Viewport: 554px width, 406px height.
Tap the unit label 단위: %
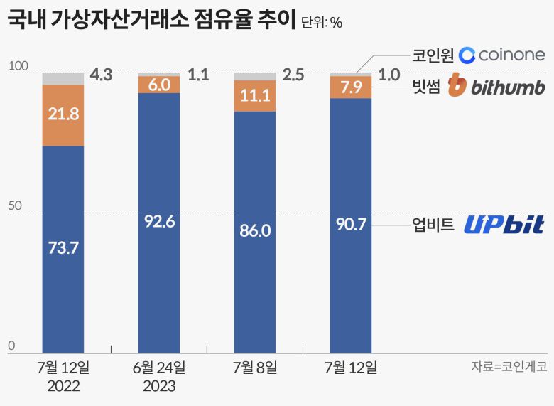[x=322, y=23]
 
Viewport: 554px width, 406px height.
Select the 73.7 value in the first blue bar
[x=63, y=248]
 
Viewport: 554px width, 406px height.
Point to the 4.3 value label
[x=102, y=75]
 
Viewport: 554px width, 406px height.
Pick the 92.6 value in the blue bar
[x=159, y=221]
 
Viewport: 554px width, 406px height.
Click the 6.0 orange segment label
[x=159, y=85]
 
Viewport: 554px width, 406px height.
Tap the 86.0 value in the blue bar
[x=255, y=230]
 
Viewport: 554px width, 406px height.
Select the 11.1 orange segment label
[x=255, y=96]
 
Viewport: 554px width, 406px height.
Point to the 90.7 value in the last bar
[x=352, y=224]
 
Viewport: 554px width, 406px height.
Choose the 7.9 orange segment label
[x=352, y=88]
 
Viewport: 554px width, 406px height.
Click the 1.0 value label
[x=390, y=75]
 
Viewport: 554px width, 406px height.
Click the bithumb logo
[x=496, y=86]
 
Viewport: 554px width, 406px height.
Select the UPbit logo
[x=504, y=225]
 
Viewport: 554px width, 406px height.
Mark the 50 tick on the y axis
[x=16, y=207]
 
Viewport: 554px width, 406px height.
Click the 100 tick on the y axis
[x=18, y=66]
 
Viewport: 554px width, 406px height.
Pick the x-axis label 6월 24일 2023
[x=159, y=377]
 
